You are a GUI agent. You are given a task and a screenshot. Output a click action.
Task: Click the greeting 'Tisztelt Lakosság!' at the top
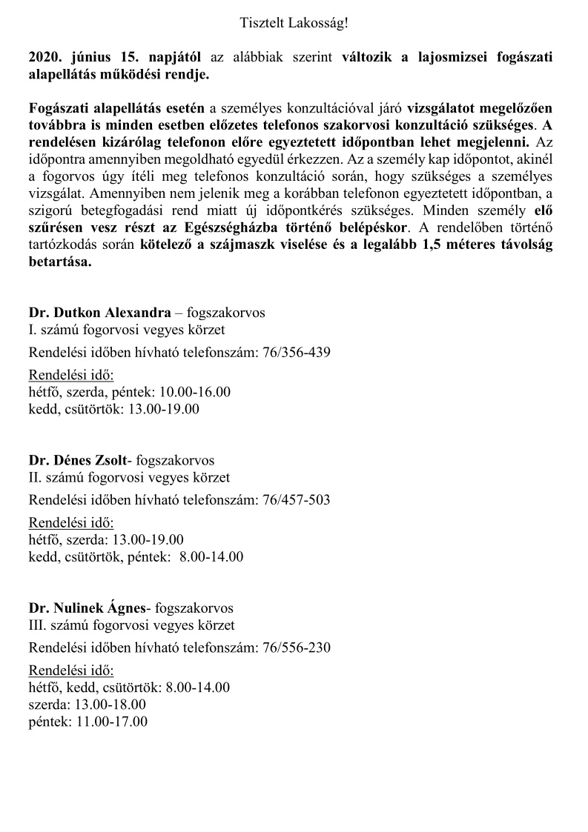pos(294,24)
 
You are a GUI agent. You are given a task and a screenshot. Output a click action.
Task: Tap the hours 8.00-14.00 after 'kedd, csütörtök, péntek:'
pos(211,556)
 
